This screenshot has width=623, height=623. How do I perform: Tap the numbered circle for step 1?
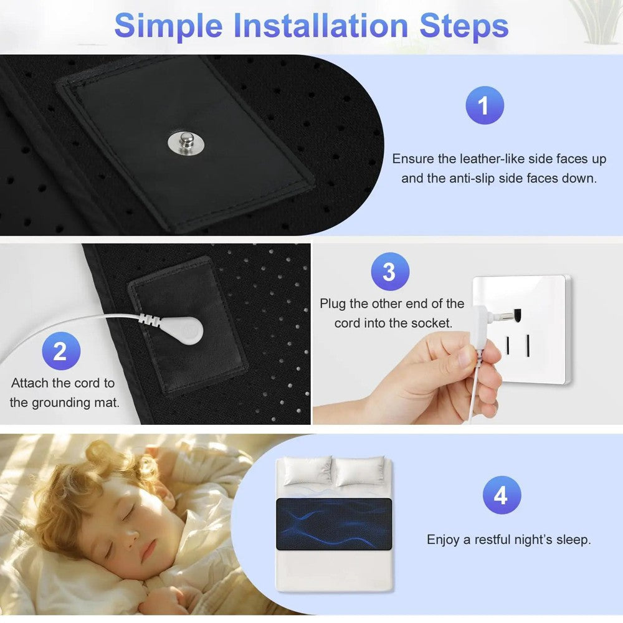pyautogui.click(x=485, y=106)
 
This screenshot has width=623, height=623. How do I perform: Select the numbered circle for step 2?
pyautogui.click(x=60, y=351)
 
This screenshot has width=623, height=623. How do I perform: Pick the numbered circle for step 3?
pyautogui.click(x=389, y=272)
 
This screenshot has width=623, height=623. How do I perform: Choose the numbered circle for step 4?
pyautogui.click(x=502, y=496)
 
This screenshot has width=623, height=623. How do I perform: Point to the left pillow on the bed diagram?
pyautogui.click(x=308, y=472)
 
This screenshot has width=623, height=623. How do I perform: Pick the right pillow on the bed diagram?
pyautogui.click(x=359, y=472)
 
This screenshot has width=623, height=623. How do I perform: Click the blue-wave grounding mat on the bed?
pyautogui.click(x=334, y=523)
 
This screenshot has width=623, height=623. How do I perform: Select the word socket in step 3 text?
pyautogui.click(x=434, y=323)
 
